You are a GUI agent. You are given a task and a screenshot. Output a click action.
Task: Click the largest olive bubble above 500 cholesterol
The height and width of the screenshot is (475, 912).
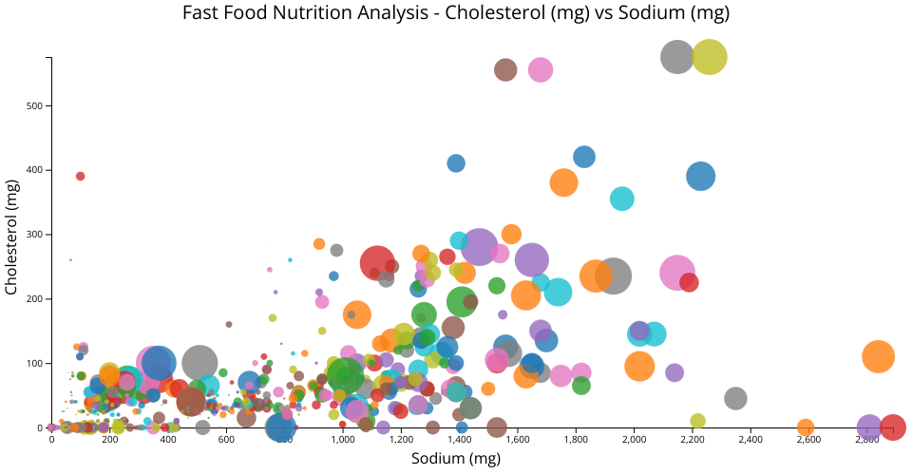710,57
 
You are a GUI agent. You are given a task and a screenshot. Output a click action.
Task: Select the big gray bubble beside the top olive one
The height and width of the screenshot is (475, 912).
676,57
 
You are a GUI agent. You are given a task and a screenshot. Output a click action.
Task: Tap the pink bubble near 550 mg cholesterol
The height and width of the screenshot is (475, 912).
541,69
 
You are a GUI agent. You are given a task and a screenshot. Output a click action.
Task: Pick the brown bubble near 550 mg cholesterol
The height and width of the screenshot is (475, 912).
505,69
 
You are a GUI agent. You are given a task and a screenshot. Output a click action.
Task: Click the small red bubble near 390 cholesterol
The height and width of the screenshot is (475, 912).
81,176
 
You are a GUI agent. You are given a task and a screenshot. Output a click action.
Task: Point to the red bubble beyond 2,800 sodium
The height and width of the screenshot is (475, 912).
892,427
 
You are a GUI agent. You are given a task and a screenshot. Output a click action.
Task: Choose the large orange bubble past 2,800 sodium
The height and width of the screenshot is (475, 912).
879,356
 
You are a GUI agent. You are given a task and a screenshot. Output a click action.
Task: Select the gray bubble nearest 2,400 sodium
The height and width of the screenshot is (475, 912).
735,398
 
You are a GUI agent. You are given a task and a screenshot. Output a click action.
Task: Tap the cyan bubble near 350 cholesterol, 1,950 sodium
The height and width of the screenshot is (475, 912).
622,199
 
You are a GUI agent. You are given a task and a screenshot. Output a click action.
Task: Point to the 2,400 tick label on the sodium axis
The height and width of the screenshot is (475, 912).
750,440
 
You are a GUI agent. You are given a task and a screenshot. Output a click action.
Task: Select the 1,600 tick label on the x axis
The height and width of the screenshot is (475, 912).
518,440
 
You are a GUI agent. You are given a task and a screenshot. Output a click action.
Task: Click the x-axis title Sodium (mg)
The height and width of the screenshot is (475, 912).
455,459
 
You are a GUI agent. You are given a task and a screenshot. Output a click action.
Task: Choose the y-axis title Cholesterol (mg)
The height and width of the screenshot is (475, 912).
13,242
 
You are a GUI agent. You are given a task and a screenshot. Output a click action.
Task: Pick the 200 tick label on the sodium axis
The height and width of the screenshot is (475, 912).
110,440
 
